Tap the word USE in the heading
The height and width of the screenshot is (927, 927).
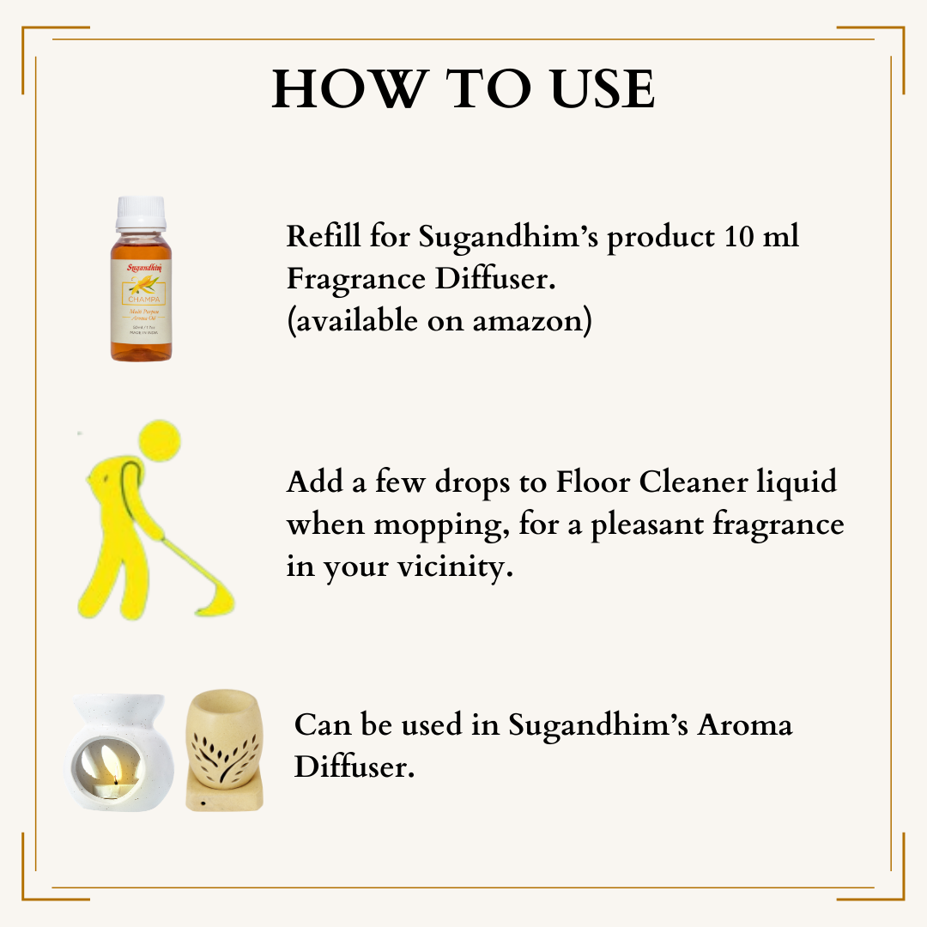click(x=591, y=88)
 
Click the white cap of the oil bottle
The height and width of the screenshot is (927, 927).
click(x=141, y=213)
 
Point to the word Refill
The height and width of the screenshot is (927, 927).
click(x=324, y=236)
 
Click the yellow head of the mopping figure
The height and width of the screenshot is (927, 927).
click(x=163, y=440)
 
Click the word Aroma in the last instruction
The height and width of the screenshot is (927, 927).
click(x=743, y=724)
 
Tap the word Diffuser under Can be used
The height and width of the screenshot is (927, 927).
click(x=354, y=766)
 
